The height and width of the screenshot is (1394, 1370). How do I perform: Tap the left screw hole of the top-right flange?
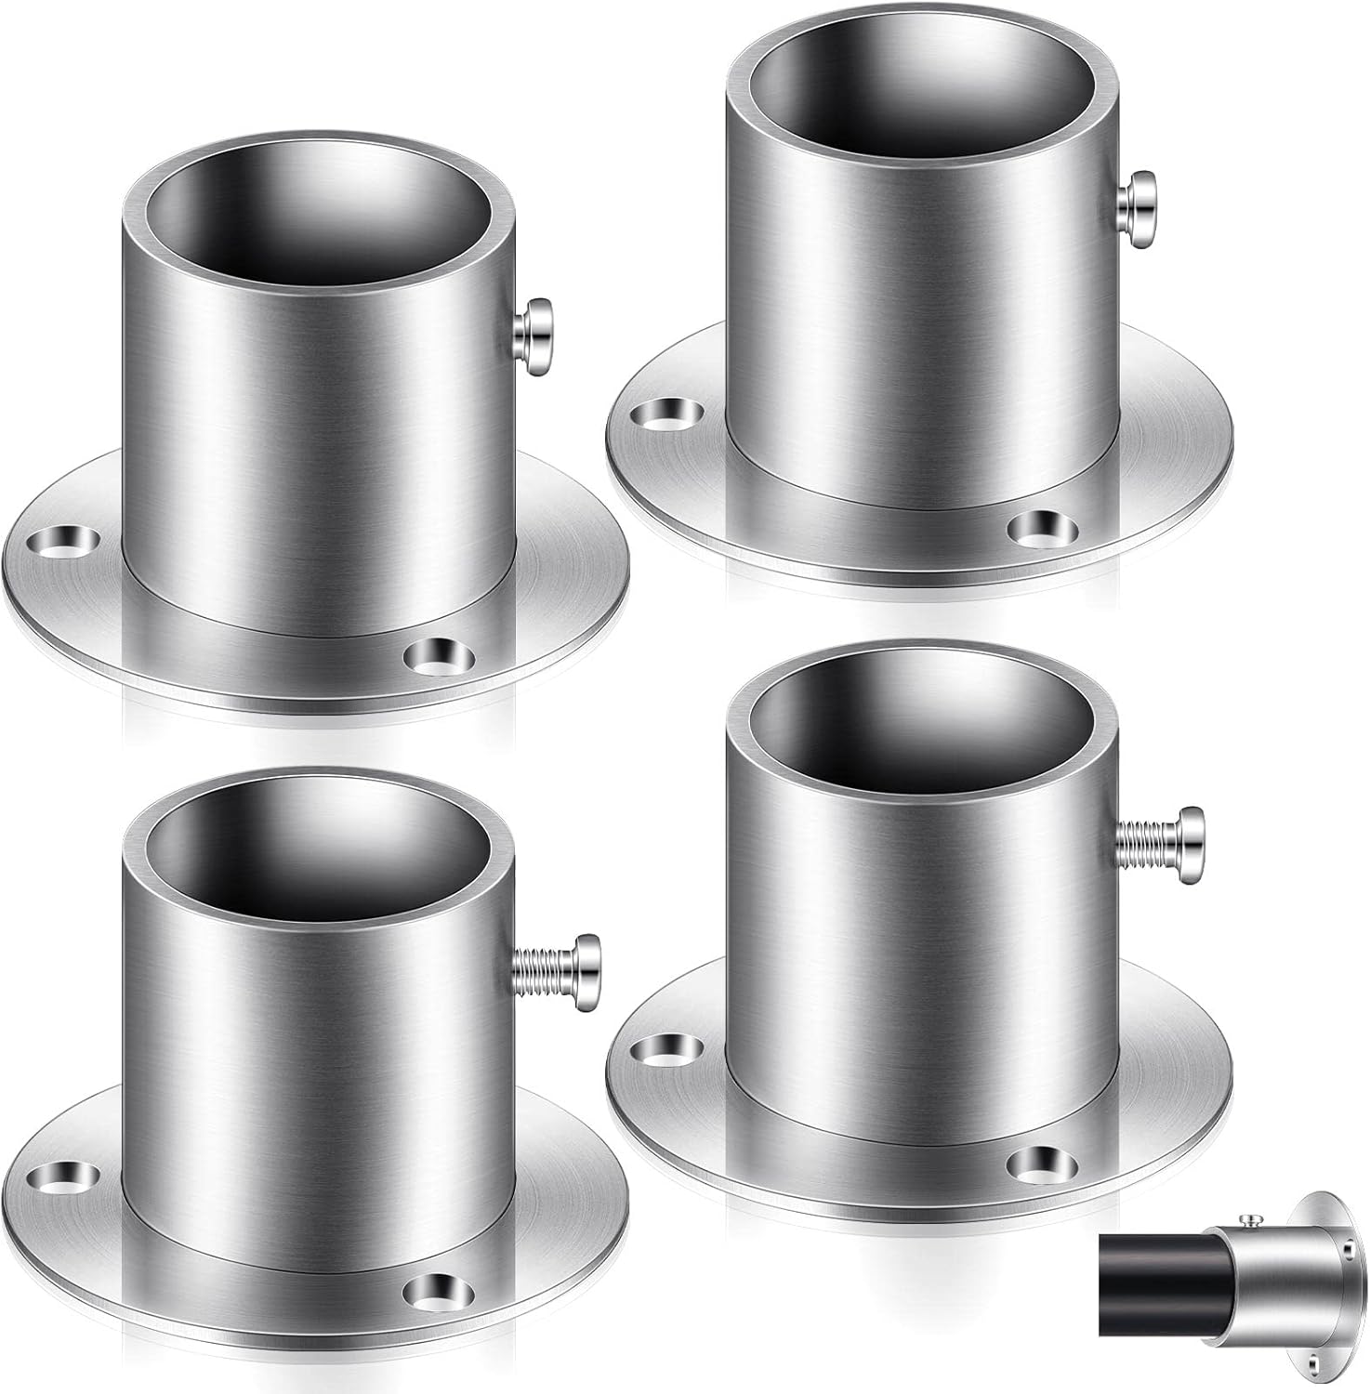click(x=662, y=413)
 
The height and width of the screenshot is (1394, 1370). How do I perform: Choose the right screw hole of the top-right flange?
click(x=1039, y=528)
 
